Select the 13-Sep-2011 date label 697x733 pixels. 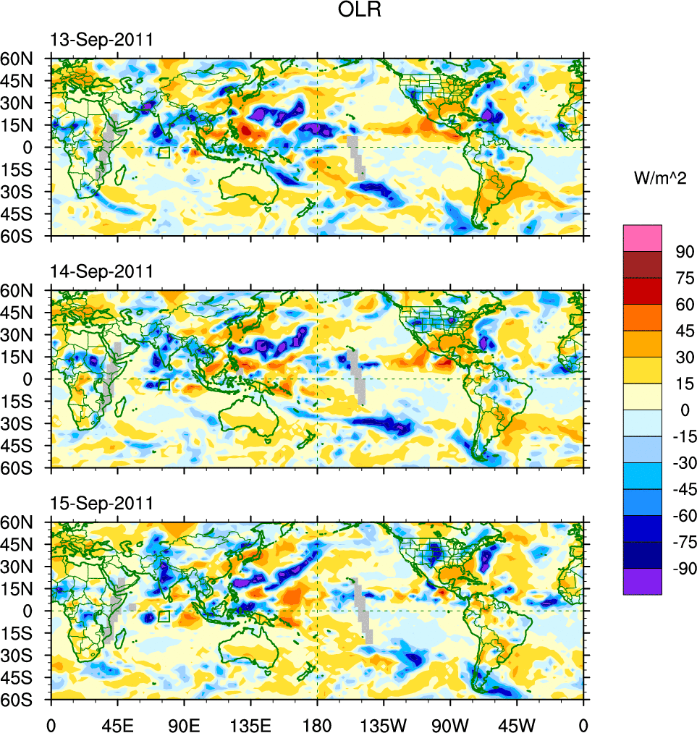coord(101,40)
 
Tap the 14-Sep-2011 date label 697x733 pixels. coord(101,271)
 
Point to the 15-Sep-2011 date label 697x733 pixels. coord(101,504)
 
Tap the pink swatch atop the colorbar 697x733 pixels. coord(643,238)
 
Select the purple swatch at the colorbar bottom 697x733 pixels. coord(643,581)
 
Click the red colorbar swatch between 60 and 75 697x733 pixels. coord(643,291)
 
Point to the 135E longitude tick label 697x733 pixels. coord(250,724)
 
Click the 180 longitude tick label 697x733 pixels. coord(317,724)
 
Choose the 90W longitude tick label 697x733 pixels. coord(450,724)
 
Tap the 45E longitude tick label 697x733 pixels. coord(117,724)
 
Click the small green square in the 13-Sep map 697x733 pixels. coord(164,153)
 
